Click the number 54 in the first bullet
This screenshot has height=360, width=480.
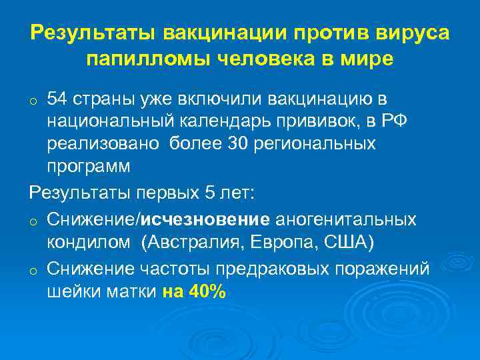57,100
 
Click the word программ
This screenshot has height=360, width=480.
89,165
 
